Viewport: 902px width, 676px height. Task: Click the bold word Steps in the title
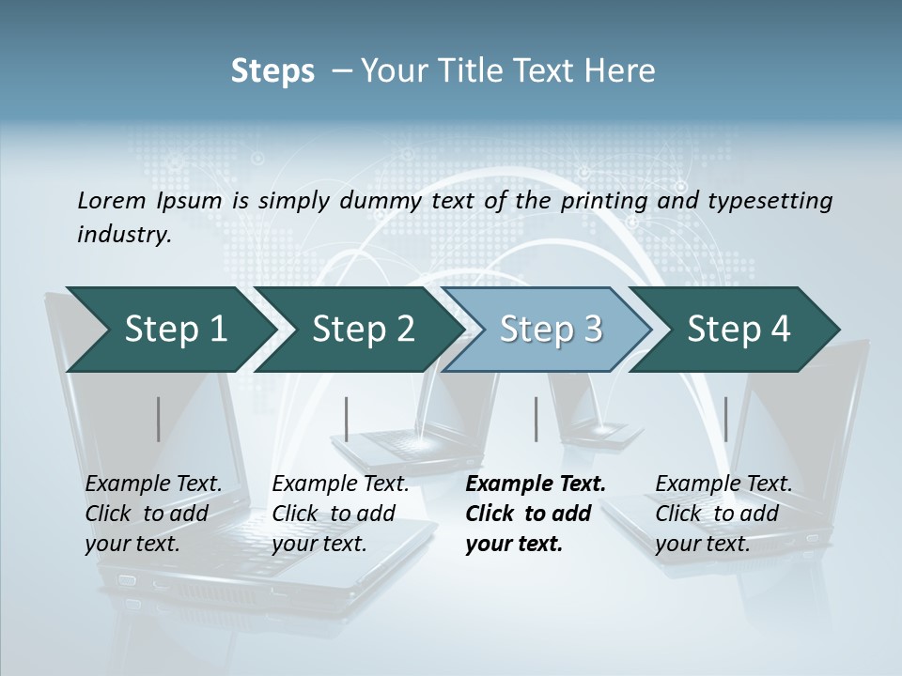point(272,71)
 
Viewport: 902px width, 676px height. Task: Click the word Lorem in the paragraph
point(111,200)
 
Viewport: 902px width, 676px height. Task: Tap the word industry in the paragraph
point(124,234)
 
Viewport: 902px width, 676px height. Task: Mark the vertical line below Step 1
point(158,419)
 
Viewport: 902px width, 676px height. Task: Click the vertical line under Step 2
point(347,419)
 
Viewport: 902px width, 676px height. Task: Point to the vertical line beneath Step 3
point(536,419)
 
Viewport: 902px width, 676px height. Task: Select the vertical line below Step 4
point(725,419)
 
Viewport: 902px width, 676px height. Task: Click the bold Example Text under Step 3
point(536,484)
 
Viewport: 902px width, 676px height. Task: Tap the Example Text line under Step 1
point(153,484)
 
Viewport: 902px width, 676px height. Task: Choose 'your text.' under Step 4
point(702,544)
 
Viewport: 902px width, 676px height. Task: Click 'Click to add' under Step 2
point(334,514)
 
